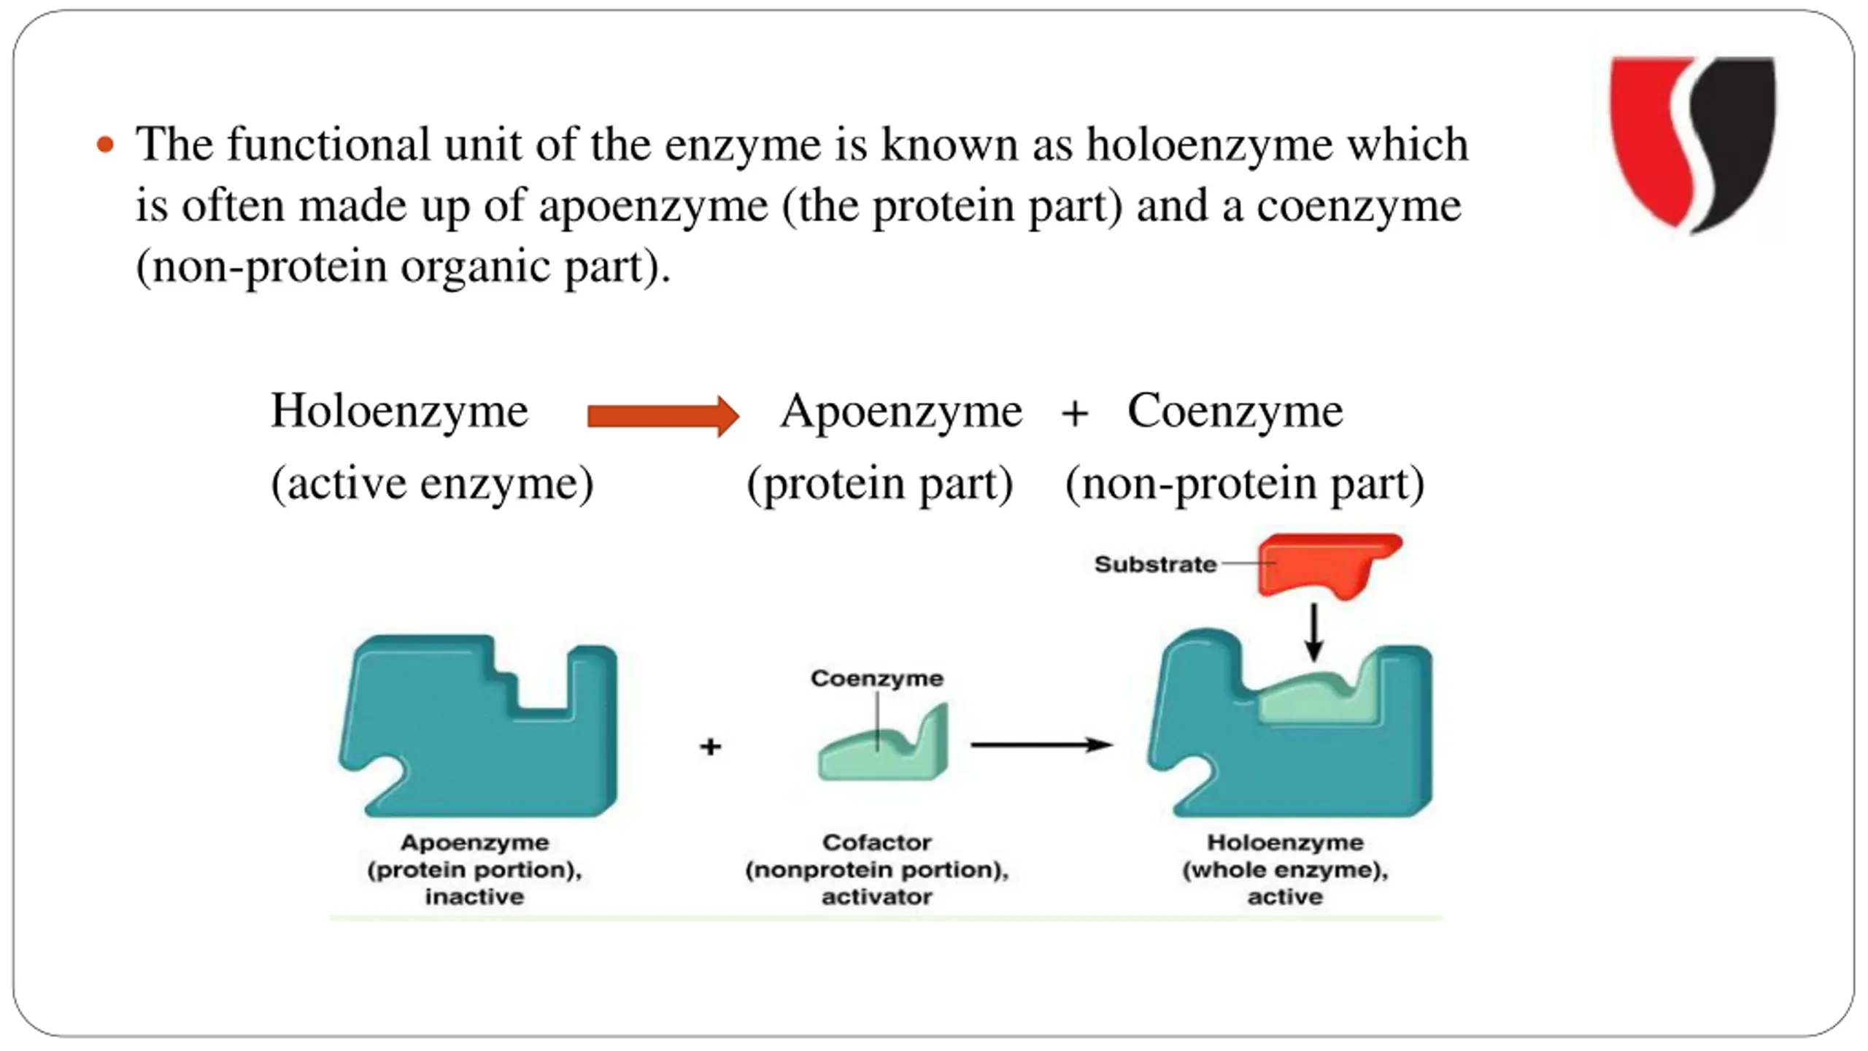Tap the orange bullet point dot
point(105,145)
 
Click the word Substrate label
point(1155,564)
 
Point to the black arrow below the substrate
point(1313,632)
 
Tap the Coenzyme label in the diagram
point(876,678)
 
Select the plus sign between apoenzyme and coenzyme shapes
point(710,746)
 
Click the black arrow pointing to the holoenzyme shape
point(1041,744)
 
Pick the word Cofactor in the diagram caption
point(876,842)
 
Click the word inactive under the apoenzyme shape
point(474,897)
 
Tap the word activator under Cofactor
point(876,897)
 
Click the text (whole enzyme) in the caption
point(1284,870)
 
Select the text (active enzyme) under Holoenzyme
point(432,484)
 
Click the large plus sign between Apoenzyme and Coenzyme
point(1074,413)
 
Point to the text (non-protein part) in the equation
point(1244,484)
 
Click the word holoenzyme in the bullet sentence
point(1208,145)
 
